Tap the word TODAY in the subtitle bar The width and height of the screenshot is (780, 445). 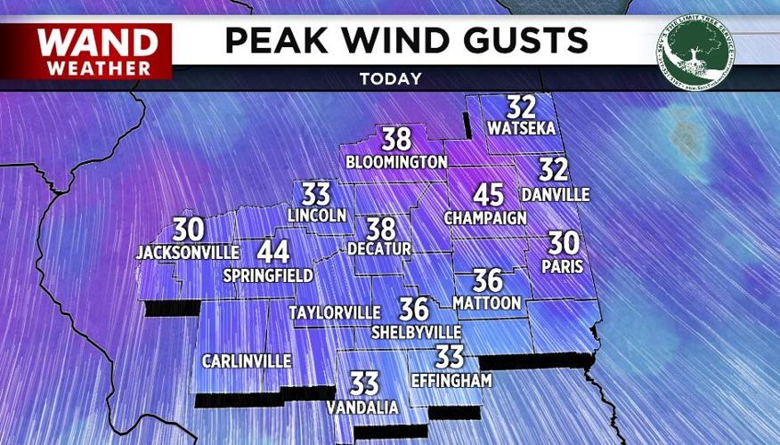[x=390, y=78]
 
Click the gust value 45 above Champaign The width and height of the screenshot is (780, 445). [x=488, y=195]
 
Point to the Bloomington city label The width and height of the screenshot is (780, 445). [x=396, y=162]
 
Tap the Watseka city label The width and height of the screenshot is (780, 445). [x=522, y=128]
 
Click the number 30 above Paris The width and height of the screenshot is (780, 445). [x=561, y=243]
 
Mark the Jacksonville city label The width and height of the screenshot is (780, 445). [x=188, y=253]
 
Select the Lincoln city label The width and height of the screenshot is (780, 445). [x=316, y=215]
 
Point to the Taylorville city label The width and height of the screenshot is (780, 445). [x=335, y=312]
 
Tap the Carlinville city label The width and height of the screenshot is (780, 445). [x=247, y=360]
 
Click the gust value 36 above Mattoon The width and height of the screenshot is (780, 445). [x=488, y=281]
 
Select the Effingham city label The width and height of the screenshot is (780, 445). [x=451, y=380]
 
